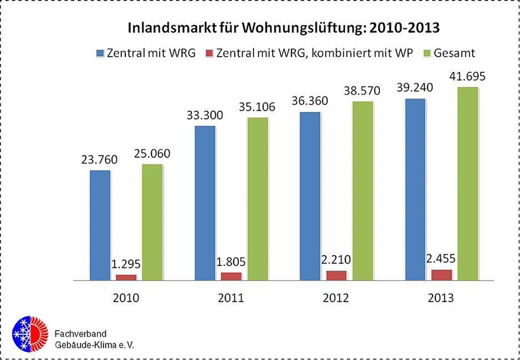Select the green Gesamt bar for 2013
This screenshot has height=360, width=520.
467,183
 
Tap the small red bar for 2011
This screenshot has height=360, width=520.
231,276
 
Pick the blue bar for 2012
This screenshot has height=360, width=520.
310,196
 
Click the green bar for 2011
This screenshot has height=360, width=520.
257,199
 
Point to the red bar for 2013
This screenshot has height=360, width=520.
441,275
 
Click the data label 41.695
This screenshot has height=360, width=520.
467,77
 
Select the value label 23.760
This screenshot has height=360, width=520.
99,160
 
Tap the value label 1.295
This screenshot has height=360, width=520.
125,265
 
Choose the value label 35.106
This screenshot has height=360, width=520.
257,107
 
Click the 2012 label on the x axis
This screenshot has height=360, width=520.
336,298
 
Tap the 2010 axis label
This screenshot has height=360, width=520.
126,298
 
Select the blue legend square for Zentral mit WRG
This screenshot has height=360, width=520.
100,53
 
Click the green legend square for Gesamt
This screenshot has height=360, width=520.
427,53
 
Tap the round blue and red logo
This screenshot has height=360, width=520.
29,334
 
